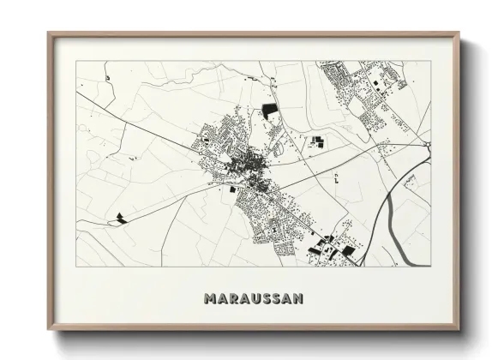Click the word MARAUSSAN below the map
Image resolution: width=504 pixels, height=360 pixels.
(252, 298)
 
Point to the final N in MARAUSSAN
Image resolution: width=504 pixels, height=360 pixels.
(296, 298)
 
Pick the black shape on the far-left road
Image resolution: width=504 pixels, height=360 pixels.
(120, 216)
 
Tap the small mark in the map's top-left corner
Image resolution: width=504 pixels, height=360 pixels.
(109, 77)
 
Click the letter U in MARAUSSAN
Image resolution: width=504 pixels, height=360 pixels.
(252, 298)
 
